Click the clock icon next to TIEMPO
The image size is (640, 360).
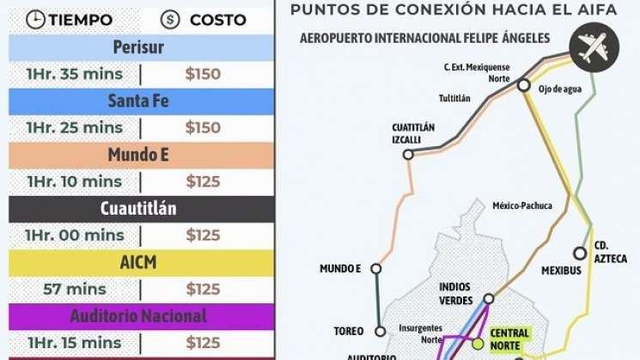(35, 19)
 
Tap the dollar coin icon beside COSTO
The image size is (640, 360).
(169, 19)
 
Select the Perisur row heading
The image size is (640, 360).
(138, 46)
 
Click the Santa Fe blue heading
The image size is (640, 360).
(138, 101)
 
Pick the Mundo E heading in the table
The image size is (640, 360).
(138, 155)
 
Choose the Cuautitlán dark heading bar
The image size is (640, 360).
(138, 209)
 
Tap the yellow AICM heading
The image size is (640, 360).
(138, 262)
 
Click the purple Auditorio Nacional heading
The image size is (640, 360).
(138, 316)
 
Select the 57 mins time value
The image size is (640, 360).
(75, 289)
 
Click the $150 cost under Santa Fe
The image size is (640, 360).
(203, 127)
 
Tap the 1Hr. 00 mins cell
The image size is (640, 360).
(75, 235)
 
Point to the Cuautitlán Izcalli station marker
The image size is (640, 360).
(408, 155)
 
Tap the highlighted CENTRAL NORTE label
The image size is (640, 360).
(509, 339)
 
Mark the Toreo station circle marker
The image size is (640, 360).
(380, 330)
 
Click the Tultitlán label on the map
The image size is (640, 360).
(454, 98)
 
